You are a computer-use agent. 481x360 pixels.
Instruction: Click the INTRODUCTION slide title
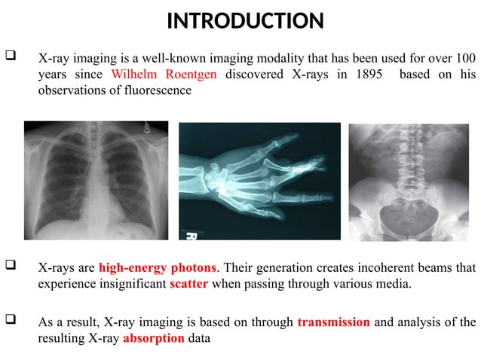point(245,20)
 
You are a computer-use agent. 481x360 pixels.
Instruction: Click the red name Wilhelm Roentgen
point(164,75)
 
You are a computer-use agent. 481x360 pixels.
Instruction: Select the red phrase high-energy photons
point(158,267)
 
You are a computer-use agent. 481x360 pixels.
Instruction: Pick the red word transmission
point(333,322)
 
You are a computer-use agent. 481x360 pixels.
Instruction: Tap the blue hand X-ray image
point(259,182)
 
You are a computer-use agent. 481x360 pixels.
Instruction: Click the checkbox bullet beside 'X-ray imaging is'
point(11,57)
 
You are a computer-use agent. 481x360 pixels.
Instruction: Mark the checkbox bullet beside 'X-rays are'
point(11,267)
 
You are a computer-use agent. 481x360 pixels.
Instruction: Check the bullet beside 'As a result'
point(11,322)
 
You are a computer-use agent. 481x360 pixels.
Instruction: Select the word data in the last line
point(199,338)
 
